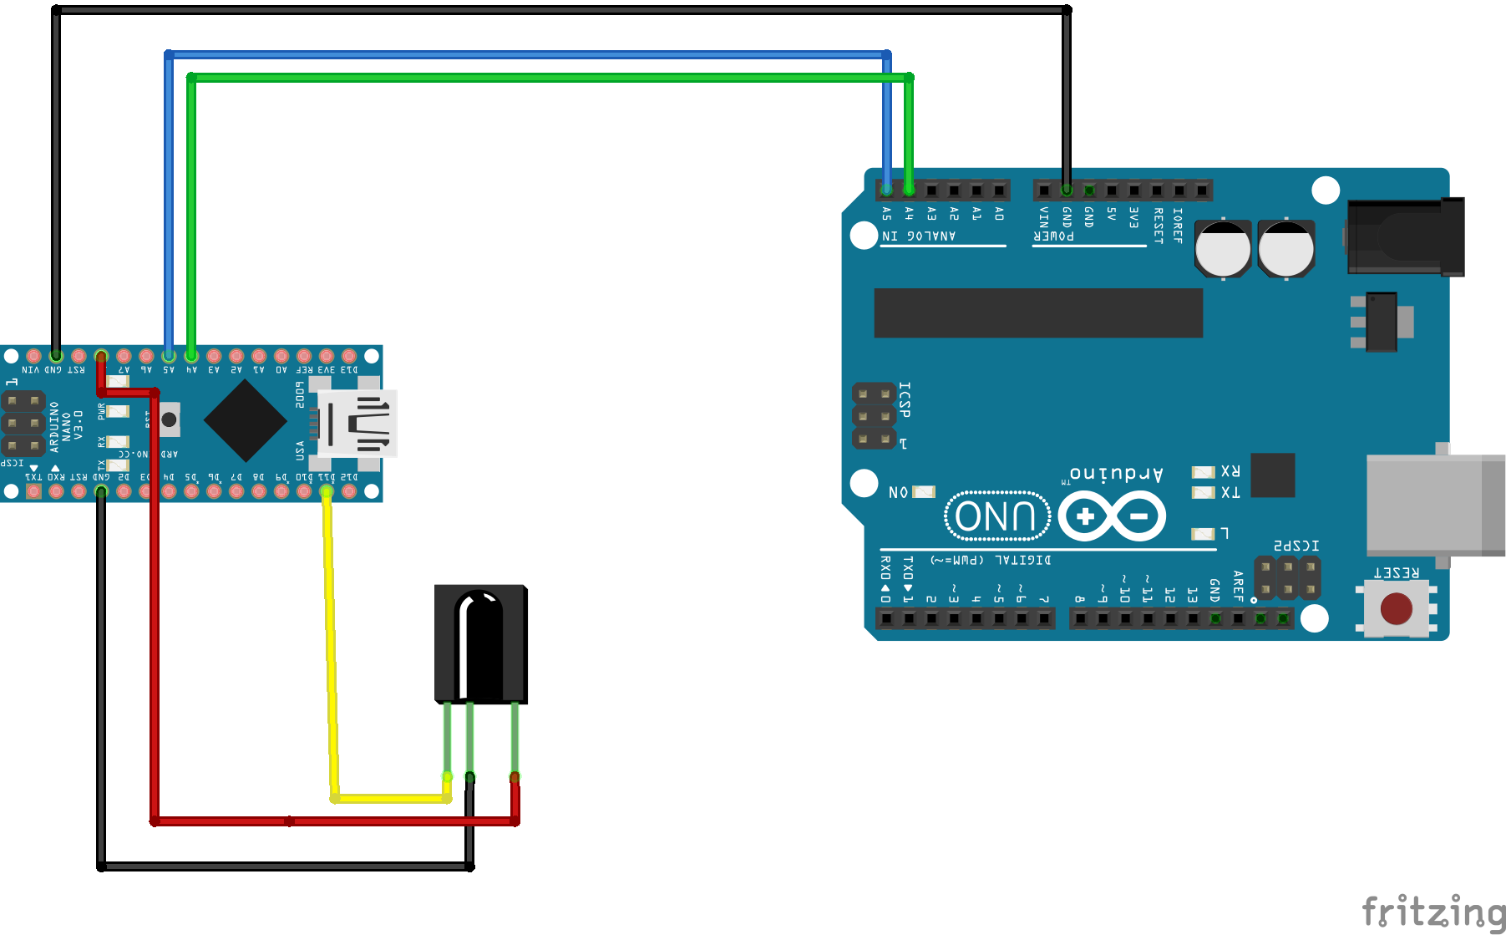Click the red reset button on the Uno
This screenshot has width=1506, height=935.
coord(1396,609)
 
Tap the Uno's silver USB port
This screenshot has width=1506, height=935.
coord(1433,505)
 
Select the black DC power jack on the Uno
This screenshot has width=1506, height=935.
coord(1404,237)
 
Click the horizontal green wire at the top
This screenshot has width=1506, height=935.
coord(543,78)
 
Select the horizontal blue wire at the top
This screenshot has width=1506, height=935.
coord(526,54)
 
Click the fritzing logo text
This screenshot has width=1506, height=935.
coord(1432,912)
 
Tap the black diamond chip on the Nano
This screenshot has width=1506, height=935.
coord(246,420)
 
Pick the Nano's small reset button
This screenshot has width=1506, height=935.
coord(169,419)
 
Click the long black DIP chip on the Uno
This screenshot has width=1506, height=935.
coord(1037,313)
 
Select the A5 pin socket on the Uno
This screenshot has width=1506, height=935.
coord(887,191)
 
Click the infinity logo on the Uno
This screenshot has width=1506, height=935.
coord(1112,516)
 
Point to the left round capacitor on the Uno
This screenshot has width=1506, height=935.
coord(1223,248)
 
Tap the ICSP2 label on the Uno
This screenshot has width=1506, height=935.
coord(1296,546)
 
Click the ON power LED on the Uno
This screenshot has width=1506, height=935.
coord(924,492)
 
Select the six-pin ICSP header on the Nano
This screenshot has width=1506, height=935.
coord(23,424)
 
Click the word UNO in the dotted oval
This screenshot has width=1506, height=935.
coord(996,516)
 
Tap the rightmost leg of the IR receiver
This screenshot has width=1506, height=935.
coord(515,739)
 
